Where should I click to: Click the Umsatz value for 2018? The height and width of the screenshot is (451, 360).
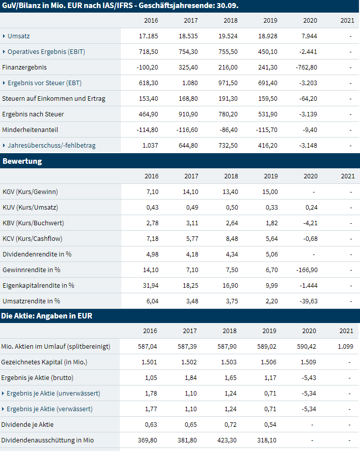(x=231, y=36)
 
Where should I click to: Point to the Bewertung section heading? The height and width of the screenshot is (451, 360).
(x=22, y=161)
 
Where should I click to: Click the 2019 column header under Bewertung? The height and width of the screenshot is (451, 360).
(x=270, y=176)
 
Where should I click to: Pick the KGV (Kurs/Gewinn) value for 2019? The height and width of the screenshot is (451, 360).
(x=270, y=191)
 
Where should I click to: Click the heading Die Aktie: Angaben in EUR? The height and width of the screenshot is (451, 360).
(x=47, y=316)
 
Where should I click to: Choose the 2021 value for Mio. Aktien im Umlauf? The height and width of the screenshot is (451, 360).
(x=345, y=347)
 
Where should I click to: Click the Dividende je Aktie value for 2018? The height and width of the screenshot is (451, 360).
(x=231, y=424)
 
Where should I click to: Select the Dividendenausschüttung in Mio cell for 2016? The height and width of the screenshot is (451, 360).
(x=148, y=440)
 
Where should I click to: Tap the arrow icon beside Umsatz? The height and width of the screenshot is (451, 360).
(x=4, y=36)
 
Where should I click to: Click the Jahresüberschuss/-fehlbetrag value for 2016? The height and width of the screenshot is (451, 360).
(x=151, y=146)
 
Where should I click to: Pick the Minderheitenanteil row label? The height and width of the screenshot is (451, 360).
(x=30, y=130)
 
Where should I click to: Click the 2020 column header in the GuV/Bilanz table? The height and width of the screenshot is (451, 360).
(x=310, y=20)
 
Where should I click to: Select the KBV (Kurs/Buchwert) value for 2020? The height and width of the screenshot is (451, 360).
(x=309, y=223)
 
